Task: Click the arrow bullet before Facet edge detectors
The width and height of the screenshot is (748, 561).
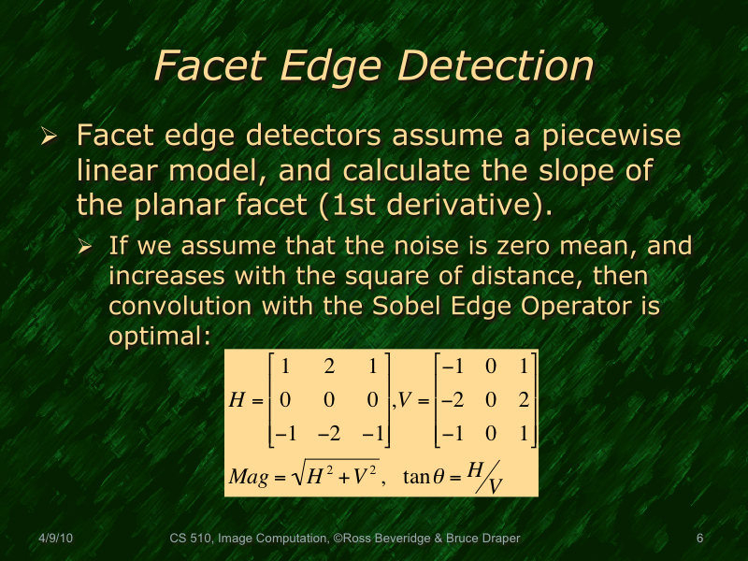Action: [51, 137]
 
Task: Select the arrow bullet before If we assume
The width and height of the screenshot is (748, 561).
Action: [86, 248]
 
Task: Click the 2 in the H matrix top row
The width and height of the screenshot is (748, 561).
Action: [329, 367]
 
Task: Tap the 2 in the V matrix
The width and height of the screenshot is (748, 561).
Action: [524, 400]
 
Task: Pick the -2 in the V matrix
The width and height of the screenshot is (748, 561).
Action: [453, 400]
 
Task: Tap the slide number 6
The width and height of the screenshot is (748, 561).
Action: [700, 539]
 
